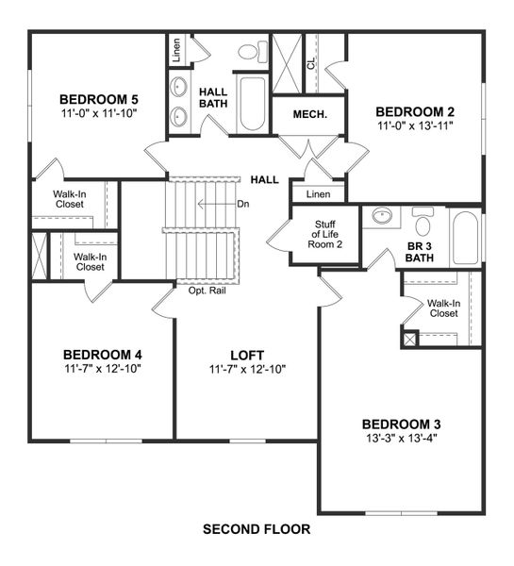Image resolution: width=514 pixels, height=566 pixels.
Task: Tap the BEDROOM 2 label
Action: coord(415,111)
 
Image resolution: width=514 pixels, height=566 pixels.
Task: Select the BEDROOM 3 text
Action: coord(401,424)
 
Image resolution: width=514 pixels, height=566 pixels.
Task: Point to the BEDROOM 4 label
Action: coord(103,355)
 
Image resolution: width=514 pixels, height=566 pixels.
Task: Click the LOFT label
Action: coord(247,355)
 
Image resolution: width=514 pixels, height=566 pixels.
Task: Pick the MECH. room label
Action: coord(310,114)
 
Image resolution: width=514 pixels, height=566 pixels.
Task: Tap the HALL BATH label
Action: coord(215,98)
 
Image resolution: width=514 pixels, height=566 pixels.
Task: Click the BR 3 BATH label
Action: coord(420,251)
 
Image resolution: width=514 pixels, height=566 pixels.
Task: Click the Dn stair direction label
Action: coord(243,203)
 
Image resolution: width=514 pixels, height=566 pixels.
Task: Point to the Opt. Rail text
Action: coord(207,291)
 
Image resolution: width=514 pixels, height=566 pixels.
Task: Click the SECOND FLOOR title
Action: coord(257,530)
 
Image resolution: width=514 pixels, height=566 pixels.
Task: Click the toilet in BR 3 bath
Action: coord(422,224)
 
